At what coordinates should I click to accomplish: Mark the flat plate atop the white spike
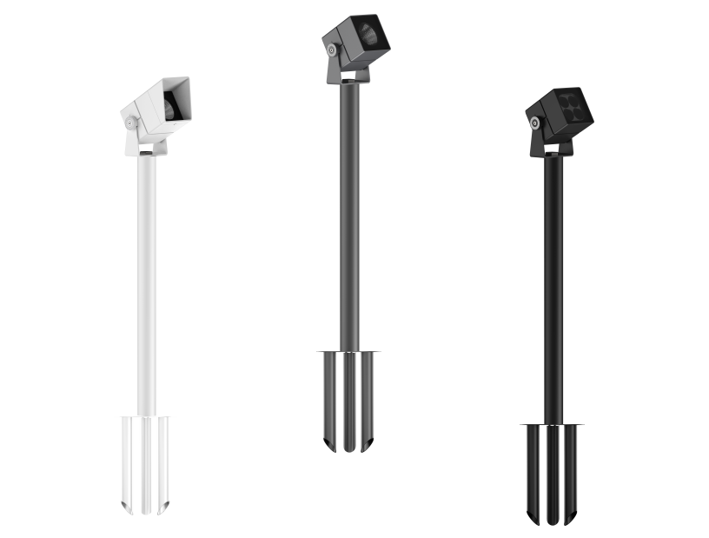[146, 417]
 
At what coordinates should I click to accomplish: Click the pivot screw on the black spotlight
[536, 125]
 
